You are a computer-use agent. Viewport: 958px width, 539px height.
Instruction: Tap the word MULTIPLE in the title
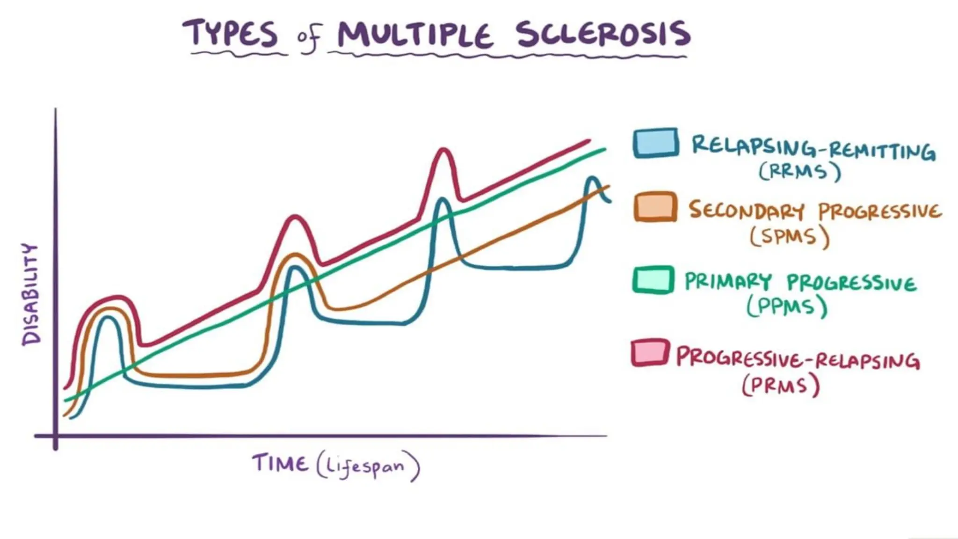pyautogui.click(x=415, y=35)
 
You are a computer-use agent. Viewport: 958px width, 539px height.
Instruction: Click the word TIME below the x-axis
pyautogui.click(x=280, y=464)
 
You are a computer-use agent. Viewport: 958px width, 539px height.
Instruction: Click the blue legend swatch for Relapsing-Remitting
pyautogui.click(x=656, y=143)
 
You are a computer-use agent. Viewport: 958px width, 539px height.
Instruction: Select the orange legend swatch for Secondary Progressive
pyautogui.click(x=655, y=207)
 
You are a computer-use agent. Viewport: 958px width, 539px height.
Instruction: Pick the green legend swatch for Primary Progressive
pyautogui.click(x=653, y=280)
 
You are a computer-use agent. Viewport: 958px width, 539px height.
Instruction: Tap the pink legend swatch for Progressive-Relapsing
pyautogui.click(x=650, y=353)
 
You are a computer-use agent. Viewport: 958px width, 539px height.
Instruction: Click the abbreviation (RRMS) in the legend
pyautogui.click(x=799, y=171)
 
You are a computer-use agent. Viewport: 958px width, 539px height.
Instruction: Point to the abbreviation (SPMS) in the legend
pyautogui.click(x=790, y=237)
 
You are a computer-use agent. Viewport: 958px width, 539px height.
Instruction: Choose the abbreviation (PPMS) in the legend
pyautogui.click(x=787, y=307)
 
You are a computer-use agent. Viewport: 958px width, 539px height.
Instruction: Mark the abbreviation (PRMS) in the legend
pyautogui.click(x=781, y=386)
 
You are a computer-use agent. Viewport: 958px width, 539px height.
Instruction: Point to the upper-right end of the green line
pyautogui.click(x=604, y=149)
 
